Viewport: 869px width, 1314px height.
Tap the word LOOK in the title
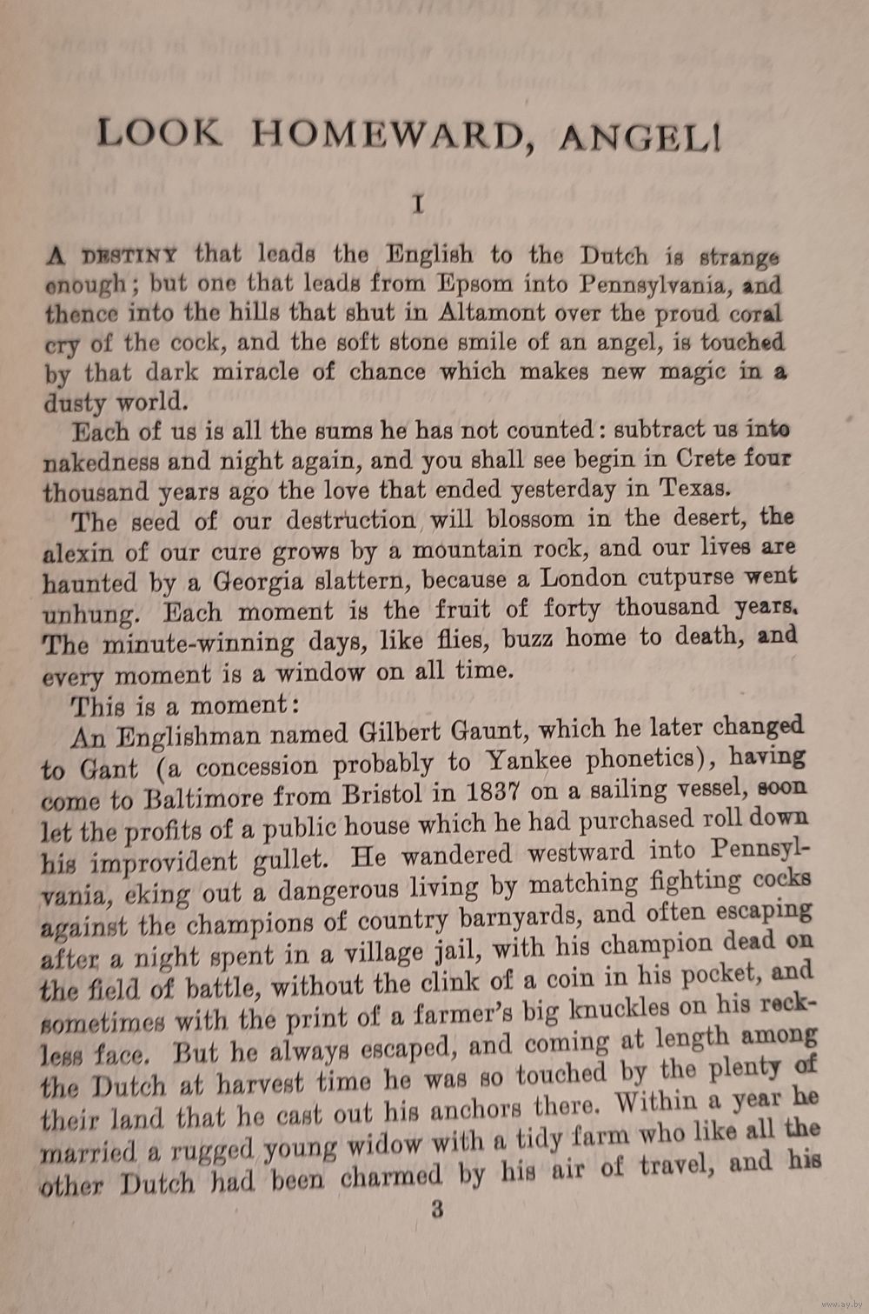158,132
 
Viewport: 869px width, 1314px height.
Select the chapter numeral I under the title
418,204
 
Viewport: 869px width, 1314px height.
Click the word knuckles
618,1009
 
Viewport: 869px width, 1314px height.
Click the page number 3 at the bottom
437,1209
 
